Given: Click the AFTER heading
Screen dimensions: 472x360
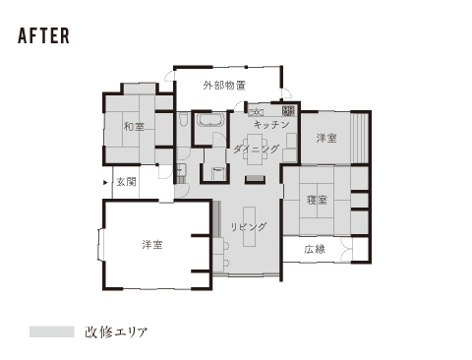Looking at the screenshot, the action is point(43,35).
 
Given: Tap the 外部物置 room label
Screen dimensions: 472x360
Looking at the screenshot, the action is point(224,86).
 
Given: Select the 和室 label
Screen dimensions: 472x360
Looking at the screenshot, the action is point(134,126).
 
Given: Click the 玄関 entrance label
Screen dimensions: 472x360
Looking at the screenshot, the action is point(126,182).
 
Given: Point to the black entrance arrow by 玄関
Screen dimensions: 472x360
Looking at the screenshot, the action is point(105,183).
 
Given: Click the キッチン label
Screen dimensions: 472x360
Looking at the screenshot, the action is point(271,125).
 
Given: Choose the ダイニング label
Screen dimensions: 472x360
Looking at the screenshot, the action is point(257,150).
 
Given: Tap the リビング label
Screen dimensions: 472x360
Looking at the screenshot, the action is point(249,226).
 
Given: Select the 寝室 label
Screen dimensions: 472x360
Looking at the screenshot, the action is point(317,200).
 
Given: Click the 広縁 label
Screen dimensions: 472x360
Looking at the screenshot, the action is point(315,250).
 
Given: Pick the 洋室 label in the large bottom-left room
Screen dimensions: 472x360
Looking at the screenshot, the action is point(152,245).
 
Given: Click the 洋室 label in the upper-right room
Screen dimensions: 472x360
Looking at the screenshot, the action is point(326,138).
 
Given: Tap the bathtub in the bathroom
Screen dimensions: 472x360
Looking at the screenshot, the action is point(210,120).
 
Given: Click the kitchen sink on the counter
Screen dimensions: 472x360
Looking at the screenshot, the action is point(256,111).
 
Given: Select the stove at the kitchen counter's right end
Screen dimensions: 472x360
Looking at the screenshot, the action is point(288,111).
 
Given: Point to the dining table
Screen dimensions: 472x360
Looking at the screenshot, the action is point(256,150).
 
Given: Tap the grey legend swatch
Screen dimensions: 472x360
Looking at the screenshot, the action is point(52,331).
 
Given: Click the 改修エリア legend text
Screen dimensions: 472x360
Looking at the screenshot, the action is point(116,331).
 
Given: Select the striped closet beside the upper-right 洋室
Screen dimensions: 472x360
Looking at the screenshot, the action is point(360,138).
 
